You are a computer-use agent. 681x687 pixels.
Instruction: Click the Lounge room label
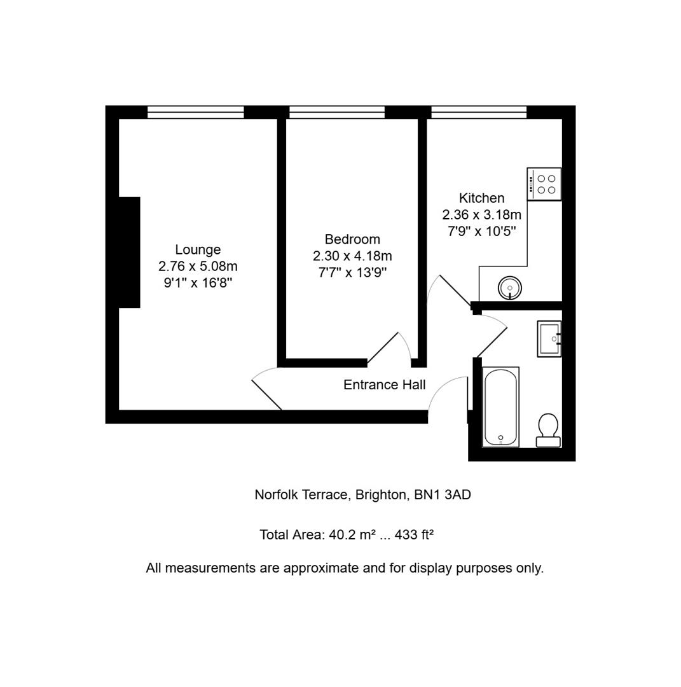[x=198, y=250]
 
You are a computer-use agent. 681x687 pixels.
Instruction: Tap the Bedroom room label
[x=352, y=239]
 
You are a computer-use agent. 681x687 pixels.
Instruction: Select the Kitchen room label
[x=481, y=198]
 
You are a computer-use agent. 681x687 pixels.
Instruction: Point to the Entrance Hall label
[x=384, y=385]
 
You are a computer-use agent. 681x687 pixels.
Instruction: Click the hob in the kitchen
[x=544, y=184]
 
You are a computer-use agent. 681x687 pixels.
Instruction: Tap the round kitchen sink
[x=510, y=288]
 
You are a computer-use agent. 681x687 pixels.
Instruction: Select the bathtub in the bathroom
[x=500, y=407]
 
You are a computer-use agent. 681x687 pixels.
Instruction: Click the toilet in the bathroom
[x=548, y=430]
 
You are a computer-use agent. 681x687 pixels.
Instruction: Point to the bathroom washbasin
[x=549, y=338]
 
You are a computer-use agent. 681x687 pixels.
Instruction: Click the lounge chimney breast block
[x=129, y=253]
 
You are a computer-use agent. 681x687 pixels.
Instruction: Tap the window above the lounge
[x=195, y=112]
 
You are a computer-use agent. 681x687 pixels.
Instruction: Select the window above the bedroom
[x=337, y=112]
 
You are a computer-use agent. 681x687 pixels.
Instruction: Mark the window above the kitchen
[x=479, y=112]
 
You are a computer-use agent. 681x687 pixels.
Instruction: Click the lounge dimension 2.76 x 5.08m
[x=198, y=267]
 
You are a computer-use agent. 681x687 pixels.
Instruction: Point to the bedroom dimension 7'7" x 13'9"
[x=352, y=273]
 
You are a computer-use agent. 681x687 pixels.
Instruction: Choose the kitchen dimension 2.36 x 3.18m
[x=482, y=215]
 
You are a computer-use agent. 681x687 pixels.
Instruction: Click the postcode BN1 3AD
[x=443, y=495]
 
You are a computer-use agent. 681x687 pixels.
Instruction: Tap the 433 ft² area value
[x=415, y=534]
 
